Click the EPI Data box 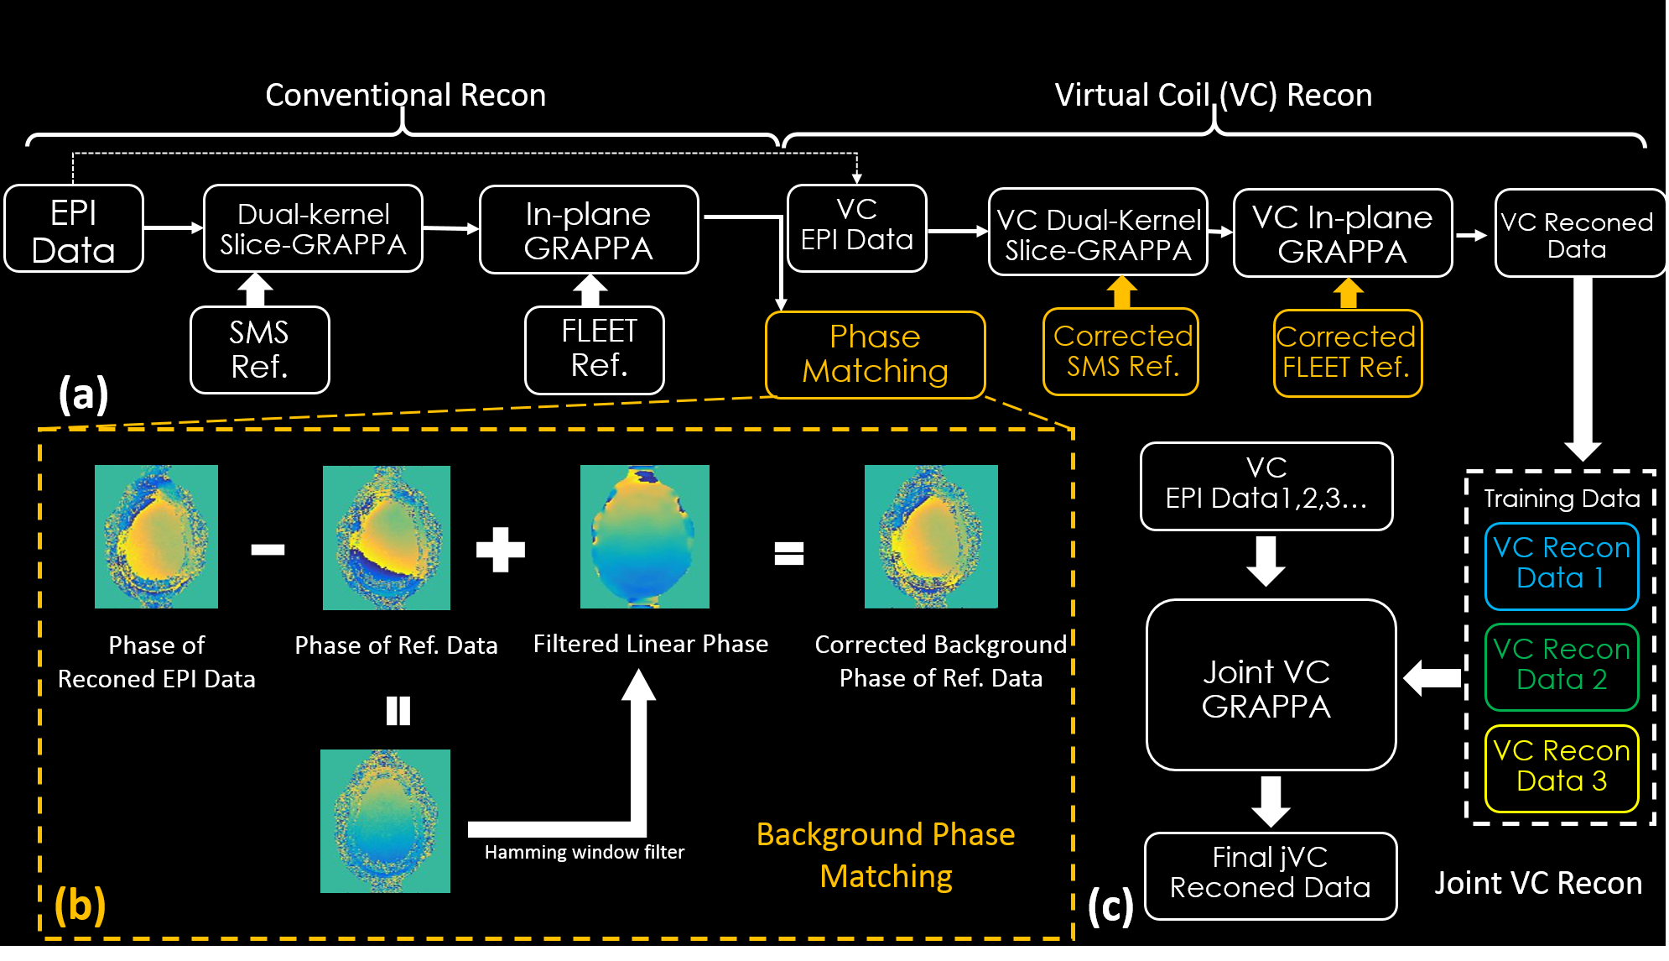coord(74,229)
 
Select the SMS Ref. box coord(260,350)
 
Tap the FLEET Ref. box coord(595,350)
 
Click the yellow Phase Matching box coord(875,354)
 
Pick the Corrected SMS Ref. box coord(1121,352)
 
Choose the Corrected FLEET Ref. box coord(1347,353)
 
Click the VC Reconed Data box coord(1579,233)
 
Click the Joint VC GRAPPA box coord(1270,685)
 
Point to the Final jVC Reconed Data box coord(1270,875)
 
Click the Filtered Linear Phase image coord(644,536)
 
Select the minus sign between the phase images coord(268,550)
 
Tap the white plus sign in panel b coord(500,550)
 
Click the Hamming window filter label coord(584,852)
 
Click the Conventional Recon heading coord(405,95)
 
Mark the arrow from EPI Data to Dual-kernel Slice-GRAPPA coord(173,227)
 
